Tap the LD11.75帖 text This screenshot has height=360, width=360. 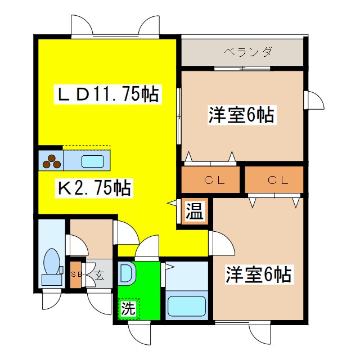click(109, 94)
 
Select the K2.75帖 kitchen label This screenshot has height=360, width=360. click(94, 188)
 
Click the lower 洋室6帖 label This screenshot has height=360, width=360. click(259, 275)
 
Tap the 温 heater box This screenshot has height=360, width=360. click(195, 212)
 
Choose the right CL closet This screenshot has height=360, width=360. click(274, 181)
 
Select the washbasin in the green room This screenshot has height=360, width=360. click(126, 274)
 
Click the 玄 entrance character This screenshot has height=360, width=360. click(99, 275)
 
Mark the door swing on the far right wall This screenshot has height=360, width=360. click(315, 100)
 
